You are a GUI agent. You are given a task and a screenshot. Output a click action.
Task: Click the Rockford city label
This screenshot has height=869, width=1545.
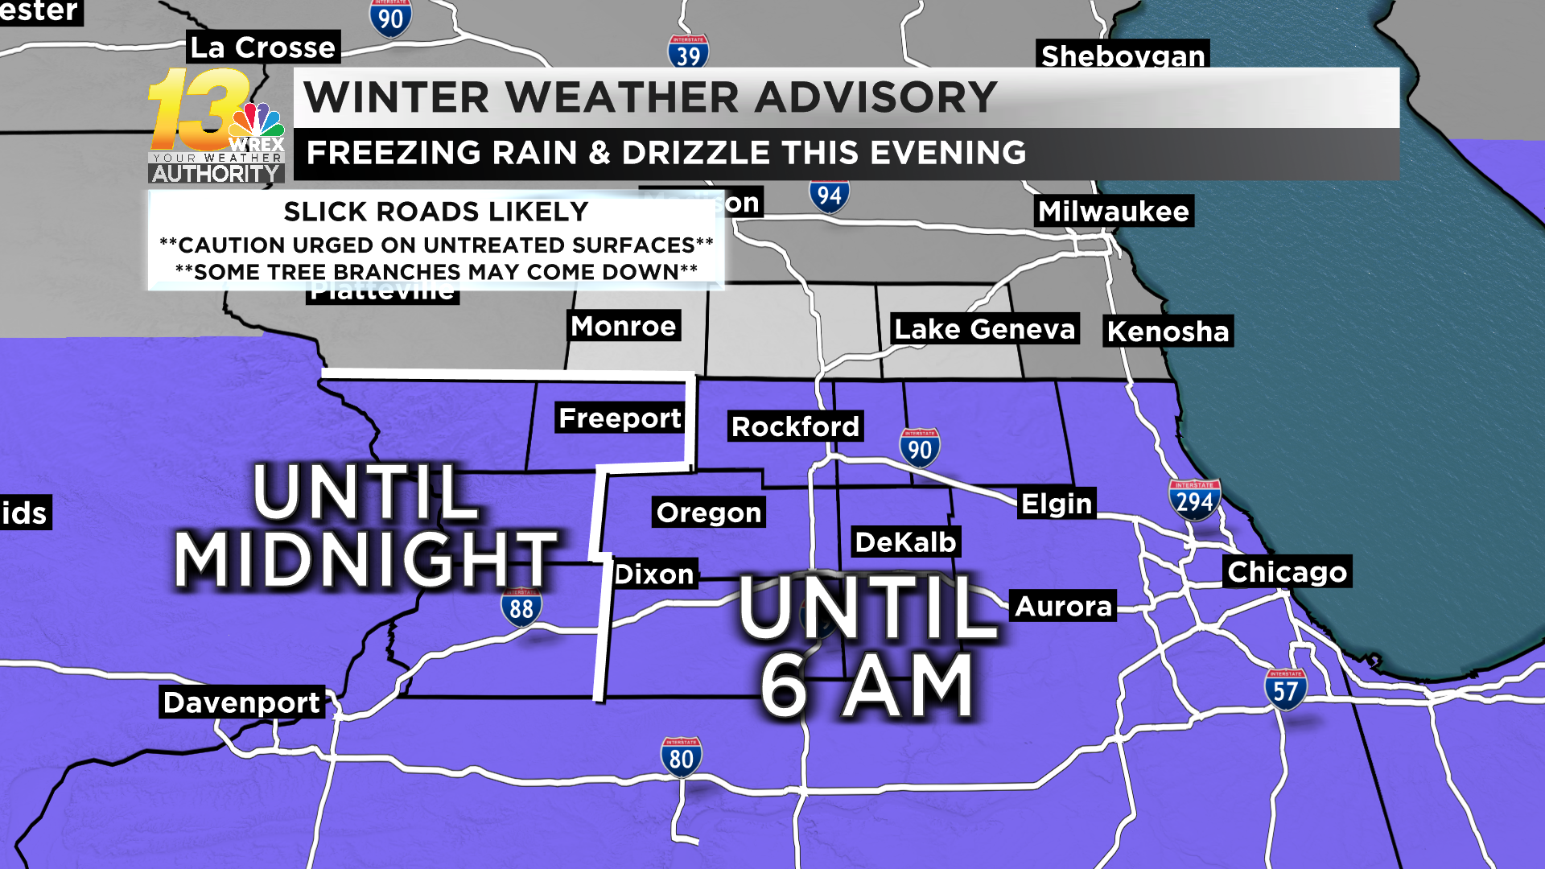[x=795, y=426]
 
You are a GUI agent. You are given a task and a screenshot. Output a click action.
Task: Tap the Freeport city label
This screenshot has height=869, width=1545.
[x=620, y=418]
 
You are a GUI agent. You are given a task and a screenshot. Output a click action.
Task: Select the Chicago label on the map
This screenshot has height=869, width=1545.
[x=1287, y=571]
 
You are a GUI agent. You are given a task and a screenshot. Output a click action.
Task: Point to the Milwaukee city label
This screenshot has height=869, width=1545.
[x=1114, y=212]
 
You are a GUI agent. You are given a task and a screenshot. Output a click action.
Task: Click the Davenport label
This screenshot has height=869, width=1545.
[x=241, y=702]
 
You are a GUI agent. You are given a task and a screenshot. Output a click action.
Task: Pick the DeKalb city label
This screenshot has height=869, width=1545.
[x=905, y=542]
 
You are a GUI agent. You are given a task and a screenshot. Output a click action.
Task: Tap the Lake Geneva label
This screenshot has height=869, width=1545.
[x=985, y=329]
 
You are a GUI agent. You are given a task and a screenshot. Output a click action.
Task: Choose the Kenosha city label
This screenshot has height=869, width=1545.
[x=1168, y=332]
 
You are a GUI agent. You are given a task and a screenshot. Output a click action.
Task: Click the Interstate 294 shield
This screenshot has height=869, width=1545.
[x=1194, y=500]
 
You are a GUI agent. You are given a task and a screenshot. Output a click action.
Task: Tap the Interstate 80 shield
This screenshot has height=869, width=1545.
[x=682, y=757]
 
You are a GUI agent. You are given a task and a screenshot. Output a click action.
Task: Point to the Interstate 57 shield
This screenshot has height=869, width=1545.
[x=1285, y=689]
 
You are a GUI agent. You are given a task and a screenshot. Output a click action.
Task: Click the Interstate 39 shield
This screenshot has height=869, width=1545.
[x=688, y=53]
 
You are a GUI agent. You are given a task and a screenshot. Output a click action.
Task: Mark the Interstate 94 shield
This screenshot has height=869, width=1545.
[x=829, y=196]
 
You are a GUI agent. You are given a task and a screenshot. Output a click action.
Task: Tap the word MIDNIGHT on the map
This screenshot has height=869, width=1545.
[x=366, y=559]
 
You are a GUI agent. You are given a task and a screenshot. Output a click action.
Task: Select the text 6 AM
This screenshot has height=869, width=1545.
[x=867, y=686]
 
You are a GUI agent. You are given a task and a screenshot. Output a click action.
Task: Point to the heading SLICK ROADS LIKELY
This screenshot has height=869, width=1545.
[x=436, y=212]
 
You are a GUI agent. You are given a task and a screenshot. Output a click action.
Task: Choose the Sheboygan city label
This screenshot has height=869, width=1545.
[x=1123, y=55]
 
